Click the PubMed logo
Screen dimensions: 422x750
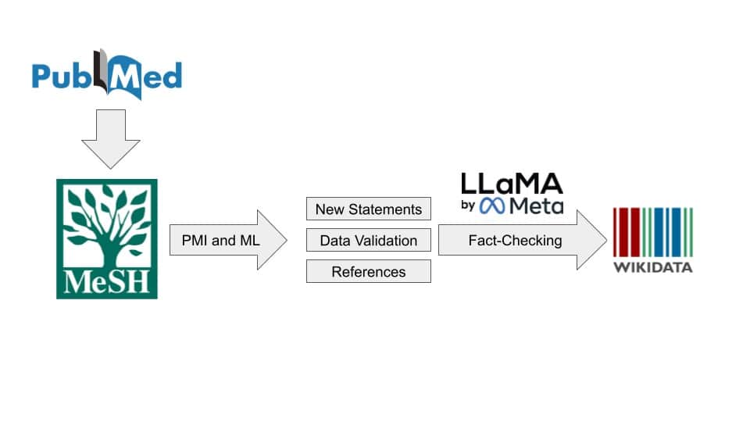click(107, 75)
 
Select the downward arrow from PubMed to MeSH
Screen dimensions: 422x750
click(110, 138)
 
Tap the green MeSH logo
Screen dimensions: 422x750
click(106, 238)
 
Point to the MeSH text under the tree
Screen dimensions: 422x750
click(106, 281)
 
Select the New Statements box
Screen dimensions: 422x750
click(368, 209)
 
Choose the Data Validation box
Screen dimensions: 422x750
click(368, 241)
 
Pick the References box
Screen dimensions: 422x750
click(368, 272)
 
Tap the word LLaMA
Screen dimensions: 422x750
click(511, 184)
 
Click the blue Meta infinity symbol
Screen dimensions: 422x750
click(494, 206)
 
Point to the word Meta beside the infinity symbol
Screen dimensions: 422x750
click(536, 206)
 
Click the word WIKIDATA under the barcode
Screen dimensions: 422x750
click(652, 267)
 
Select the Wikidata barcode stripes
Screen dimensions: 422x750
click(652, 232)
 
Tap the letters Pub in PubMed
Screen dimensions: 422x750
click(61, 76)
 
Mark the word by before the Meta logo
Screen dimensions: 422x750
click(468, 206)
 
